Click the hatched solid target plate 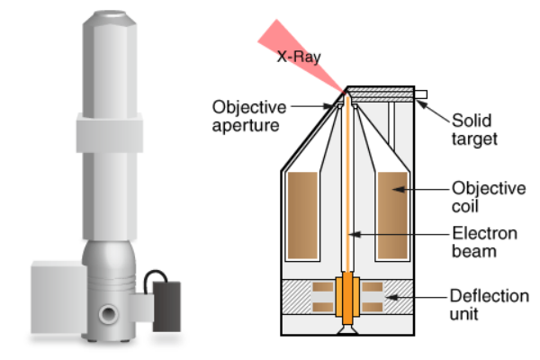[x=382, y=93]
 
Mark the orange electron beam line [x=347, y=198]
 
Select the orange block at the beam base [x=347, y=300]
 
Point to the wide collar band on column [x=113, y=134]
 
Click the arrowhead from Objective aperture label [x=334, y=106]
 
